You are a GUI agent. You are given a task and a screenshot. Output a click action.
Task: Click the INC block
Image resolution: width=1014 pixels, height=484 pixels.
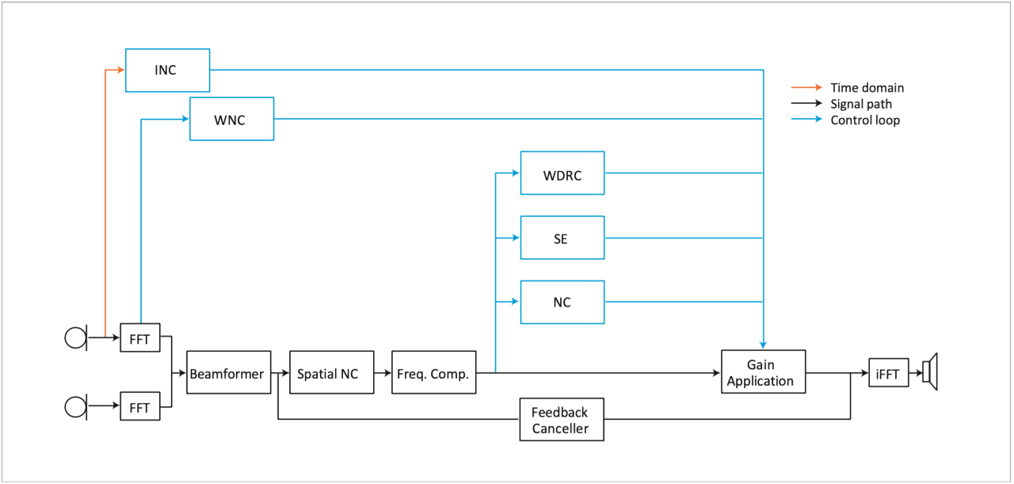[x=168, y=71]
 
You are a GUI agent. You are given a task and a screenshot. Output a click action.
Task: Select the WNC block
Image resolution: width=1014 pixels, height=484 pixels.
[x=231, y=120]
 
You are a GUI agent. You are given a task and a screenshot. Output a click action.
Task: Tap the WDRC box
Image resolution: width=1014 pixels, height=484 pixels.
[x=562, y=173]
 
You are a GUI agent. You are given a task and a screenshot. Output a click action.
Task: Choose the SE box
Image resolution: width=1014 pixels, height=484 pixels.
[x=562, y=238]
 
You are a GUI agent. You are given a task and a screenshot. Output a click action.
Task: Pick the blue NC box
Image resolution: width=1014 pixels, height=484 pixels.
[x=562, y=302]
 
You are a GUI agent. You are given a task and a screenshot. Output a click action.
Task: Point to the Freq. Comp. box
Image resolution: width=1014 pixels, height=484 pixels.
[x=434, y=372]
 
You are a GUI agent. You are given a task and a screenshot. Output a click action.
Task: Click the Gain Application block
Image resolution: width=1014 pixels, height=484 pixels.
[x=763, y=372]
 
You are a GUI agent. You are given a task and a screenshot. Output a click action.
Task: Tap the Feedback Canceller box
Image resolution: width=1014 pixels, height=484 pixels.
[x=562, y=420]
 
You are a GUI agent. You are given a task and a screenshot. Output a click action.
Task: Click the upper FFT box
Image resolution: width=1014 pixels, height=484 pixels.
[x=139, y=338]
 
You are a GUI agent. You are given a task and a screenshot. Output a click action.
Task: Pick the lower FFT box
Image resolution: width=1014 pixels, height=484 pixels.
[x=139, y=406]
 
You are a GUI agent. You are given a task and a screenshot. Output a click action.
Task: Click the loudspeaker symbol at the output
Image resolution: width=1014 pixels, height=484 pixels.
[x=930, y=372]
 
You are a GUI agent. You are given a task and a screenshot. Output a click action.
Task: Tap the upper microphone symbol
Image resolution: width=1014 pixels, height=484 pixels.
[x=76, y=338]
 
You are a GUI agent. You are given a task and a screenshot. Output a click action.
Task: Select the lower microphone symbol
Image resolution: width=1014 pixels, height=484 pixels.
[x=76, y=406]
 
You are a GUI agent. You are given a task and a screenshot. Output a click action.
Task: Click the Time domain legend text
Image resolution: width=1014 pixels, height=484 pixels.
[x=867, y=88]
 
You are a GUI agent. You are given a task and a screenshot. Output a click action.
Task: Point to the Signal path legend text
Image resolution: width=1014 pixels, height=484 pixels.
[x=861, y=104]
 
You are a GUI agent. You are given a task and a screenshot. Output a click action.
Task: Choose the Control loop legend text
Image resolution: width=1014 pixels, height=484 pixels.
[x=864, y=120]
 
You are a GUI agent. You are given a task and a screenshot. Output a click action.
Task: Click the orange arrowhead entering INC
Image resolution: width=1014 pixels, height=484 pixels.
[x=120, y=71]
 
